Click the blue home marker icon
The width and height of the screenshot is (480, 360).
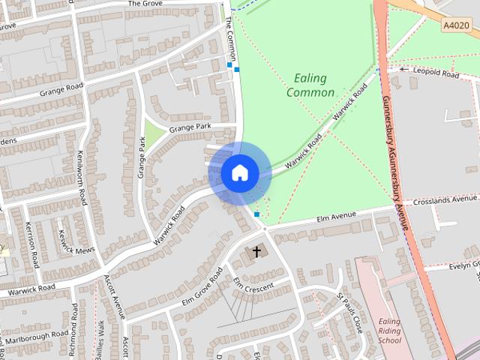[239, 173]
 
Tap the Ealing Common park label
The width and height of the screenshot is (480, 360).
[310, 85]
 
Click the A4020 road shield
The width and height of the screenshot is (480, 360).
[456, 25]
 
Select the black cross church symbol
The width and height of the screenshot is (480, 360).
[256, 252]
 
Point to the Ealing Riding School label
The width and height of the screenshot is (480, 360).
[390, 331]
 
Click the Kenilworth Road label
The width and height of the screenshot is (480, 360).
[82, 178]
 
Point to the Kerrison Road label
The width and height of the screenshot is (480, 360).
[32, 244]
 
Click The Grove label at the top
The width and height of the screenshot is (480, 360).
[145, 4]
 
